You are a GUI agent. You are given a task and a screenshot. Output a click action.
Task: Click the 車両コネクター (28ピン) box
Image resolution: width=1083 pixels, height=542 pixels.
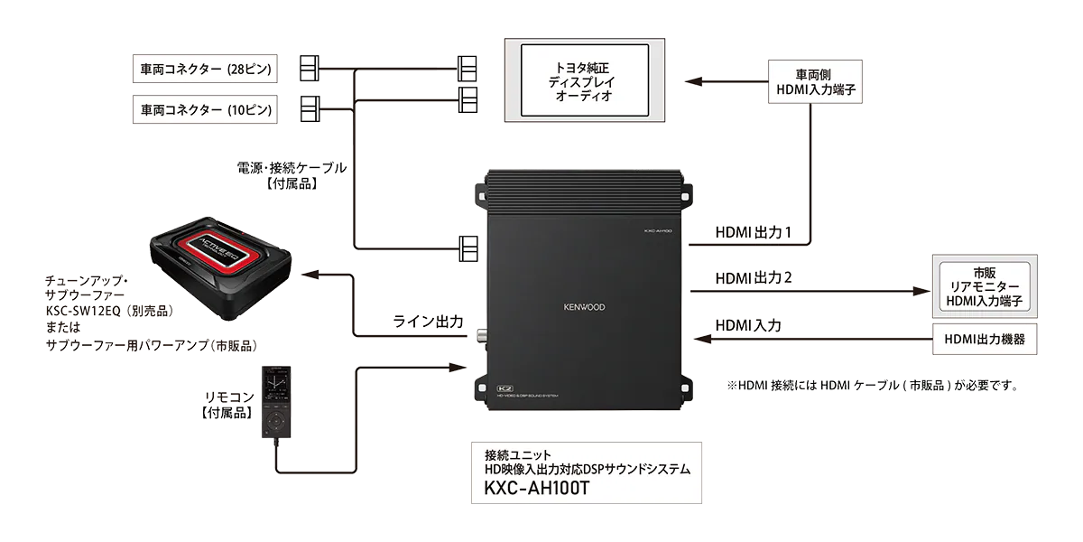coord(206,68)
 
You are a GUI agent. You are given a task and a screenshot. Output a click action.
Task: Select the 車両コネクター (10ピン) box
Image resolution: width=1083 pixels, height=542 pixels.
coord(206,109)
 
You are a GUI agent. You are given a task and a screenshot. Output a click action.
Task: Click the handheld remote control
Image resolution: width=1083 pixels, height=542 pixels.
coord(277,402)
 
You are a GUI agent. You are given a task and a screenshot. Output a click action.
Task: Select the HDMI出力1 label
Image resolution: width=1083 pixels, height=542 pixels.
coord(754,232)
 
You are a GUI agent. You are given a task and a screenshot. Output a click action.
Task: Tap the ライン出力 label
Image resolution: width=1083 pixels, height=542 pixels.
coord(428,321)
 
